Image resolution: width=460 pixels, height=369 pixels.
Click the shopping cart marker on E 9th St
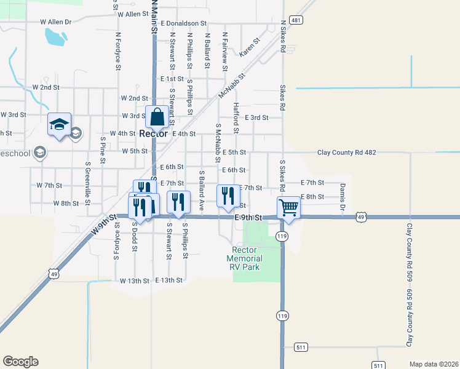(x=288, y=207)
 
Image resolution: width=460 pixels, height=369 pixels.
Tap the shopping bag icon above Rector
(x=157, y=116)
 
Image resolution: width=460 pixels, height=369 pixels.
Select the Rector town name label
(x=153, y=133)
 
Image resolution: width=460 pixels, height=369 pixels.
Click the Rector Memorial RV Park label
(x=244, y=258)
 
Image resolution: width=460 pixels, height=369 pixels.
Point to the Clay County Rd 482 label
(x=346, y=152)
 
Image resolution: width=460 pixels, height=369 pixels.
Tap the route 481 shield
(x=296, y=20)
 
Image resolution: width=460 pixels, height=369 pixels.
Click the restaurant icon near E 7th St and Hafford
(x=228, y=196)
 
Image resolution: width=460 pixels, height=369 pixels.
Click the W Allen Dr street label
(x=56, y=22)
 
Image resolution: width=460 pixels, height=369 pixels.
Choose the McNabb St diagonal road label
(x=232, y=86)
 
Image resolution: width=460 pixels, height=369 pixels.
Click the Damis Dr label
(x=343, y=196)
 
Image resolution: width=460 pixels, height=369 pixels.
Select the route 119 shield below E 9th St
(x=282, y=236)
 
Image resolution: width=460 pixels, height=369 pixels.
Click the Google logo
(x=20, y=362)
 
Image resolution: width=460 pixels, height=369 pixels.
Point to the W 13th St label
(x=135, y=280)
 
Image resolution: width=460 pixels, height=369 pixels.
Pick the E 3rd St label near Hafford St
(x=257, y=117)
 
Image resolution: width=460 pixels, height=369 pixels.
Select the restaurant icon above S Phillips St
(x=178, y=202)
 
